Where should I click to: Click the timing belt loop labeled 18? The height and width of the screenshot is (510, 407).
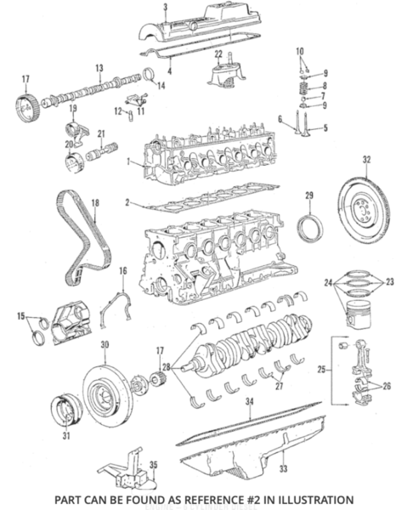tap(81, 234)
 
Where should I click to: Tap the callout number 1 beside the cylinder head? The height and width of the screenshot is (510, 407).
tap(127, 161)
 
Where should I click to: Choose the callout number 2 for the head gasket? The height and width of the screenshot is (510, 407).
tap(127, 203)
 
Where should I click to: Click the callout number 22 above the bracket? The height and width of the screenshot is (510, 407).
tap(218, 55)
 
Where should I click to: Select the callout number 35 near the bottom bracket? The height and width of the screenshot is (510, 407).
tap(153, 465)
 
